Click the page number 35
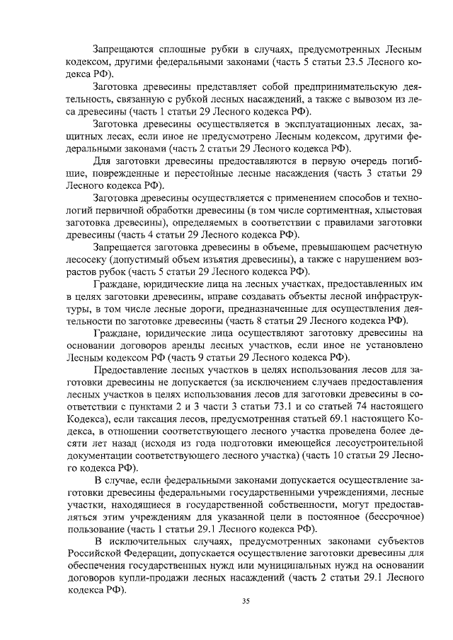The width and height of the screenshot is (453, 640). pyautogui.click(x=246, y=601)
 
